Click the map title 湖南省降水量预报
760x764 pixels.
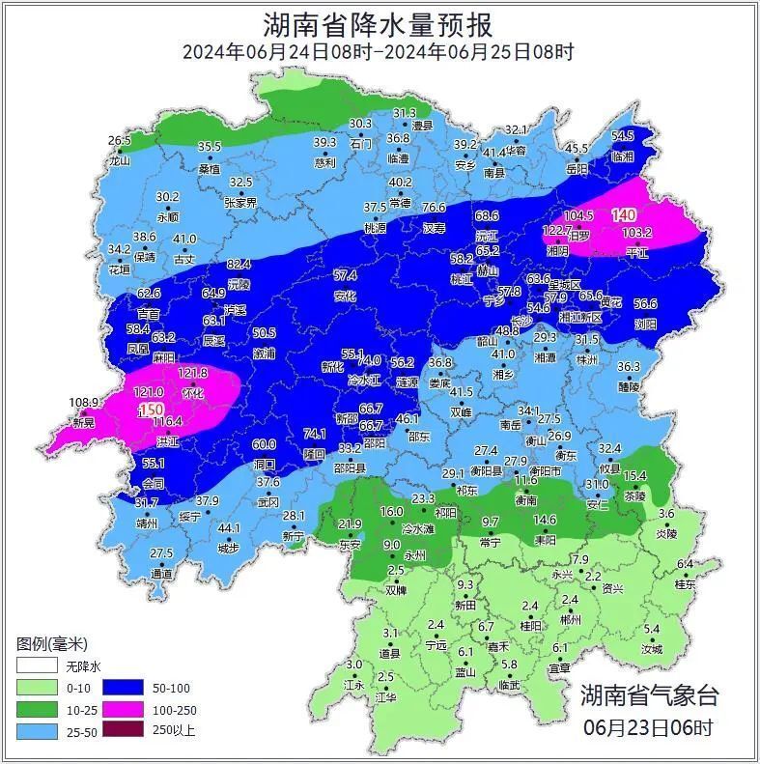379,23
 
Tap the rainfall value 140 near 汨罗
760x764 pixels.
624,215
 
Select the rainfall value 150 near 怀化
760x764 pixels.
152,410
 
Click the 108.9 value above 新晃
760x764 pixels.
85,402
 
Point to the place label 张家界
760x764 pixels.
240,203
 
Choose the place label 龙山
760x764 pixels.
119,161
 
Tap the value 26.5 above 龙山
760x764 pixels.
119,141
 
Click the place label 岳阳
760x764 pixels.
577,169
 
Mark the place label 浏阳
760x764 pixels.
645,325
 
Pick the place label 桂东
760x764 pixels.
685,584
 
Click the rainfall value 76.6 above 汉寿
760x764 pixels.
434,208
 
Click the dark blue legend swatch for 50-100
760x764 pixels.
132,688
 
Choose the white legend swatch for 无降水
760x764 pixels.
35,666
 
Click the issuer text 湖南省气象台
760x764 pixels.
649,694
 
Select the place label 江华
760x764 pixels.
386,696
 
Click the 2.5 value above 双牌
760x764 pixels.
395,571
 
